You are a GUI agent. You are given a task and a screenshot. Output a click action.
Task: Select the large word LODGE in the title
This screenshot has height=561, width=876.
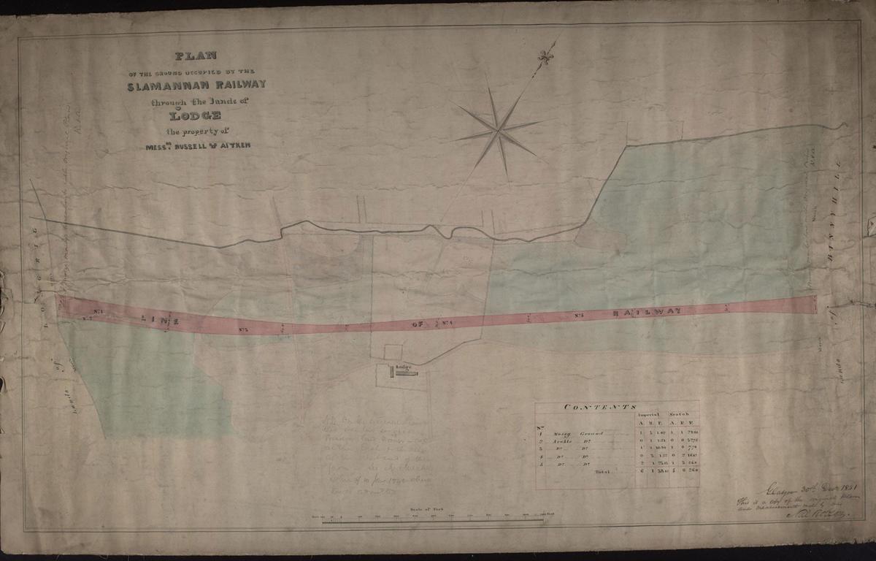point(194,115)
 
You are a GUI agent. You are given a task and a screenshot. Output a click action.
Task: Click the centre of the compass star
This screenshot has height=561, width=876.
point(499,131)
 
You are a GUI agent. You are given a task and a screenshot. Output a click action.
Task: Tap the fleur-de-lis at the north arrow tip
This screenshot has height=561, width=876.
point(543,56)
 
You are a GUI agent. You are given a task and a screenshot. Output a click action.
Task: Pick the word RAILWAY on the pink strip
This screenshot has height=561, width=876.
point(648,311)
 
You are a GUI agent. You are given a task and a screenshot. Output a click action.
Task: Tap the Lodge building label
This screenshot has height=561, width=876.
point(404,367)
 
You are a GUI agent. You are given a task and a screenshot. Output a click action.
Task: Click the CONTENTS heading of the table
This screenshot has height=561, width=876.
point(601,408)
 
